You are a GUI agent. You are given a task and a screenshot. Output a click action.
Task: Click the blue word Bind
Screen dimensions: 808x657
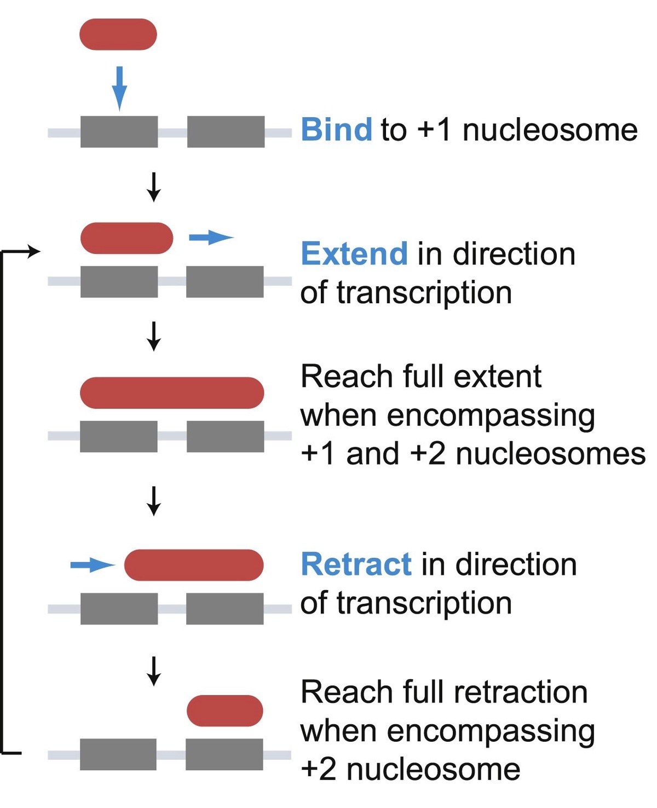point(336,130)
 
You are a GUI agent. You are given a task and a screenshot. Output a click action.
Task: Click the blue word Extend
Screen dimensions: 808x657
point(354,254)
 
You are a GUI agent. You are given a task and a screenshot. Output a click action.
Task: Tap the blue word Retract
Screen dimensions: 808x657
point(356,564)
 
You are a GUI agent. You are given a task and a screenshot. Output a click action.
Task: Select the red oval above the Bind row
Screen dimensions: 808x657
point(118,34)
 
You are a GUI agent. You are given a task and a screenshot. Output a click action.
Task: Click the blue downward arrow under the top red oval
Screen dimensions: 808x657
point(119,88)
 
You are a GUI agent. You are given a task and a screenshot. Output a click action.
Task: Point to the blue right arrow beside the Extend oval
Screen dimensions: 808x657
point(211,238)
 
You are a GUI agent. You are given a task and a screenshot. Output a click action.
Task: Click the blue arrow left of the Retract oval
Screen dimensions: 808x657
point(92,564)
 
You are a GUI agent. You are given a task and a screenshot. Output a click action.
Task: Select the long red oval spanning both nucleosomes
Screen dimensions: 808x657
point(172,393)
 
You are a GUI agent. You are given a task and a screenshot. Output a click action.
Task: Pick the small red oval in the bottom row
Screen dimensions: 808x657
point(225,711)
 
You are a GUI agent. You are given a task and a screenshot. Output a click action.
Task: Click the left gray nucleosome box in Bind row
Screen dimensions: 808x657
point(119,132)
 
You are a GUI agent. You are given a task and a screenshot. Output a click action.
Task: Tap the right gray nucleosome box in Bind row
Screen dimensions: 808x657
point(226,132)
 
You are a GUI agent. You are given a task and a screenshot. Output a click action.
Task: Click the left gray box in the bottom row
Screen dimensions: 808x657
point(118,754)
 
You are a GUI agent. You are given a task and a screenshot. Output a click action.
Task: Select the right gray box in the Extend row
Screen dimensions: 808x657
point(224,281)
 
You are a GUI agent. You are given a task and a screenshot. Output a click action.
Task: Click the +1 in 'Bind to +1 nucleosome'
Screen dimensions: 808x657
point(435,130)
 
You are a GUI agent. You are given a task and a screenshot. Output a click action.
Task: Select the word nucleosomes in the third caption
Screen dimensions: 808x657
point(550,454)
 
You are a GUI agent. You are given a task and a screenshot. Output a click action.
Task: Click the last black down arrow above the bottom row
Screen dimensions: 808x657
point(154,671)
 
